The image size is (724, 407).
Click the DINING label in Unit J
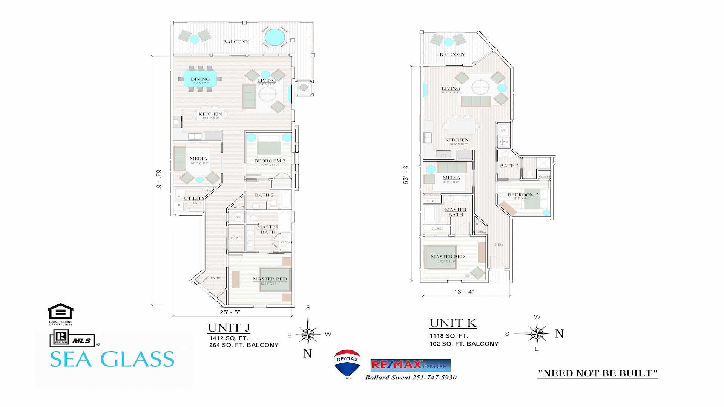coord(200,79)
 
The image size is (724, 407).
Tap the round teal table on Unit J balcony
coord(275,37)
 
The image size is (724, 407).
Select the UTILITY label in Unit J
coord(193,198)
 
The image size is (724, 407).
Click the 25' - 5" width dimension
coord(230,312)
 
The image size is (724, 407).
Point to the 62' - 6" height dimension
coord(159,180)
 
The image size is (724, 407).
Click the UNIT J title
coord(229,328)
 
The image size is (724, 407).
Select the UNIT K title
coord(453,323)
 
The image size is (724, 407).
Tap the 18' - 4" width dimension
coord(464,292)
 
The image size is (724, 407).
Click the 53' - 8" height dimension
coord(406,174)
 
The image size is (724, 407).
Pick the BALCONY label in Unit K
coord(452,55)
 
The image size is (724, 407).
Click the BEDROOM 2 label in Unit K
coord(523,195)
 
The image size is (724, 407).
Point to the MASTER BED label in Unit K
coord(448,257)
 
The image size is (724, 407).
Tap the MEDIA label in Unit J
coord(198,159)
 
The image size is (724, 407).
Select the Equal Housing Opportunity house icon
coord(60,312)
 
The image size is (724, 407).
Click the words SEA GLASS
coord(112,359)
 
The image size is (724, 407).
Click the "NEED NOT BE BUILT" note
coord(598,373)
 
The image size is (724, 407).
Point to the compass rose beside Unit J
coord(308,334)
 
